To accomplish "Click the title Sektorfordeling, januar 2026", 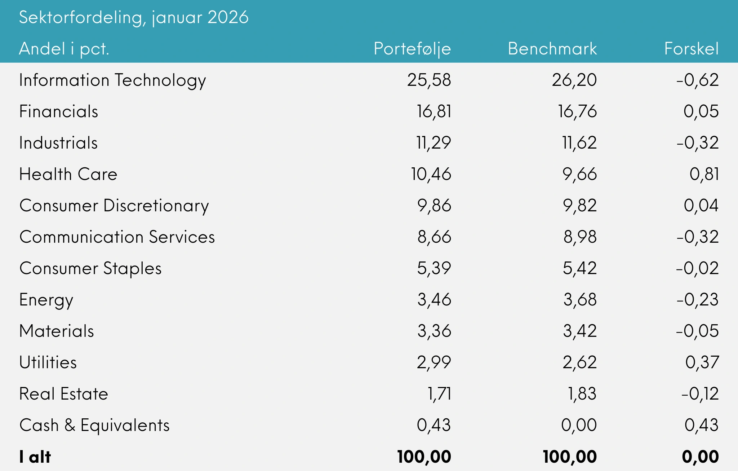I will [134, 17].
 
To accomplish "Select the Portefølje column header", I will [412, 49].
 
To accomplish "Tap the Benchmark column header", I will [552, 49].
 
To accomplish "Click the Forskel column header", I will [691, 49].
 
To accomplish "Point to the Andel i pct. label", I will [64, 49].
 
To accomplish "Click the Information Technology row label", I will [112, 80].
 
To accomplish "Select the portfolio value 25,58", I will [429, 80].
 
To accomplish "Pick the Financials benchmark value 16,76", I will [577, 111].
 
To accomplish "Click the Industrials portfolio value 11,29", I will [433, 143].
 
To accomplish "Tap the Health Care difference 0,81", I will [704, 174].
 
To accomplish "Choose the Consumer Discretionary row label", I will [114, 206].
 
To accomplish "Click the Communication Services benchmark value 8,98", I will [580, 237].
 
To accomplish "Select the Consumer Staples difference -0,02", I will [697, 268].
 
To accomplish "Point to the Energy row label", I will [46, 300].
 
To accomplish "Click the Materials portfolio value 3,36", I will [434, 331].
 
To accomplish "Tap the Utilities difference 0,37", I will [702, 362].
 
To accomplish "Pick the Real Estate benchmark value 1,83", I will [582, 394].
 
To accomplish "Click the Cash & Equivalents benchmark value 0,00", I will [579, 425].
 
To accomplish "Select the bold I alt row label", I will [35, 457].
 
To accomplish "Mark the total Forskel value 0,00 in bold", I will [700, 457].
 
